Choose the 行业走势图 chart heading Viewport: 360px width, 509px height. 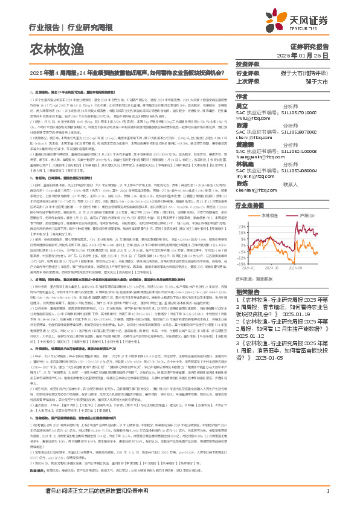(251, 206)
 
